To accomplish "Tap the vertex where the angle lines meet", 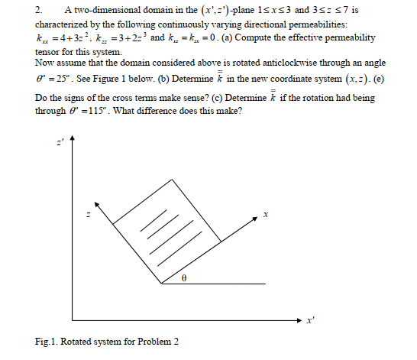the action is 162,284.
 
